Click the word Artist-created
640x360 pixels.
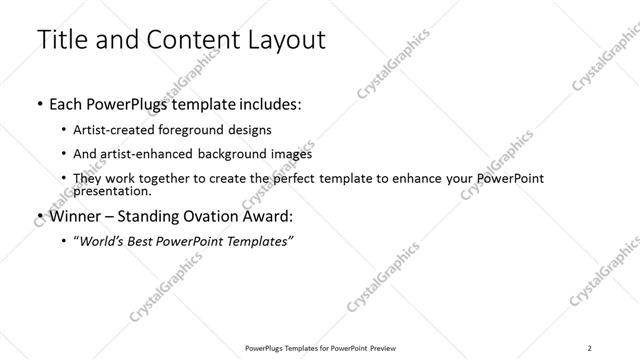(111, 130)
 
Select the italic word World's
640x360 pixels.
(103, 241)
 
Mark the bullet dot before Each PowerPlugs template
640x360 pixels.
(38, 104)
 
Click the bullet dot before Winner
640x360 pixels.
(38, 216)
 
